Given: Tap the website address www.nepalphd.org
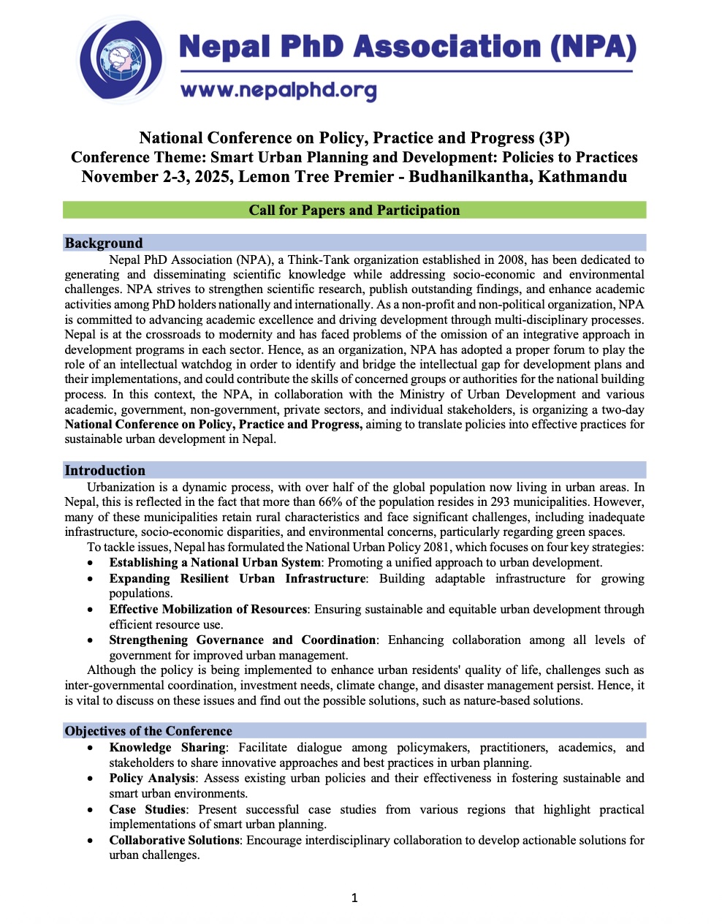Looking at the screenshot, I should [278, 90].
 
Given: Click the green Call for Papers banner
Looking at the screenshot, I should [354, 211].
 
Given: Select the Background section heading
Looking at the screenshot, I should [104, 243].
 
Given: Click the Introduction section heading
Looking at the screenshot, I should [104, 470].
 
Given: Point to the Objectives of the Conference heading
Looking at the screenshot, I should [148, 731].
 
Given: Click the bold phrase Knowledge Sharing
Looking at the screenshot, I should [167, 747].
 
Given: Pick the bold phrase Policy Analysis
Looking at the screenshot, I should [152, 778].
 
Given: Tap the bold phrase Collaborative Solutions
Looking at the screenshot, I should [175, 840].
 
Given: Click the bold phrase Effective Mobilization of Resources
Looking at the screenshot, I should [208, 609].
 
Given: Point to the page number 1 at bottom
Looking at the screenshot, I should [354, 898].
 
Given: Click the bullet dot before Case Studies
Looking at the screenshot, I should [90, 810].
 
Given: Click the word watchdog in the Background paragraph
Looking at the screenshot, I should [268, 364].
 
